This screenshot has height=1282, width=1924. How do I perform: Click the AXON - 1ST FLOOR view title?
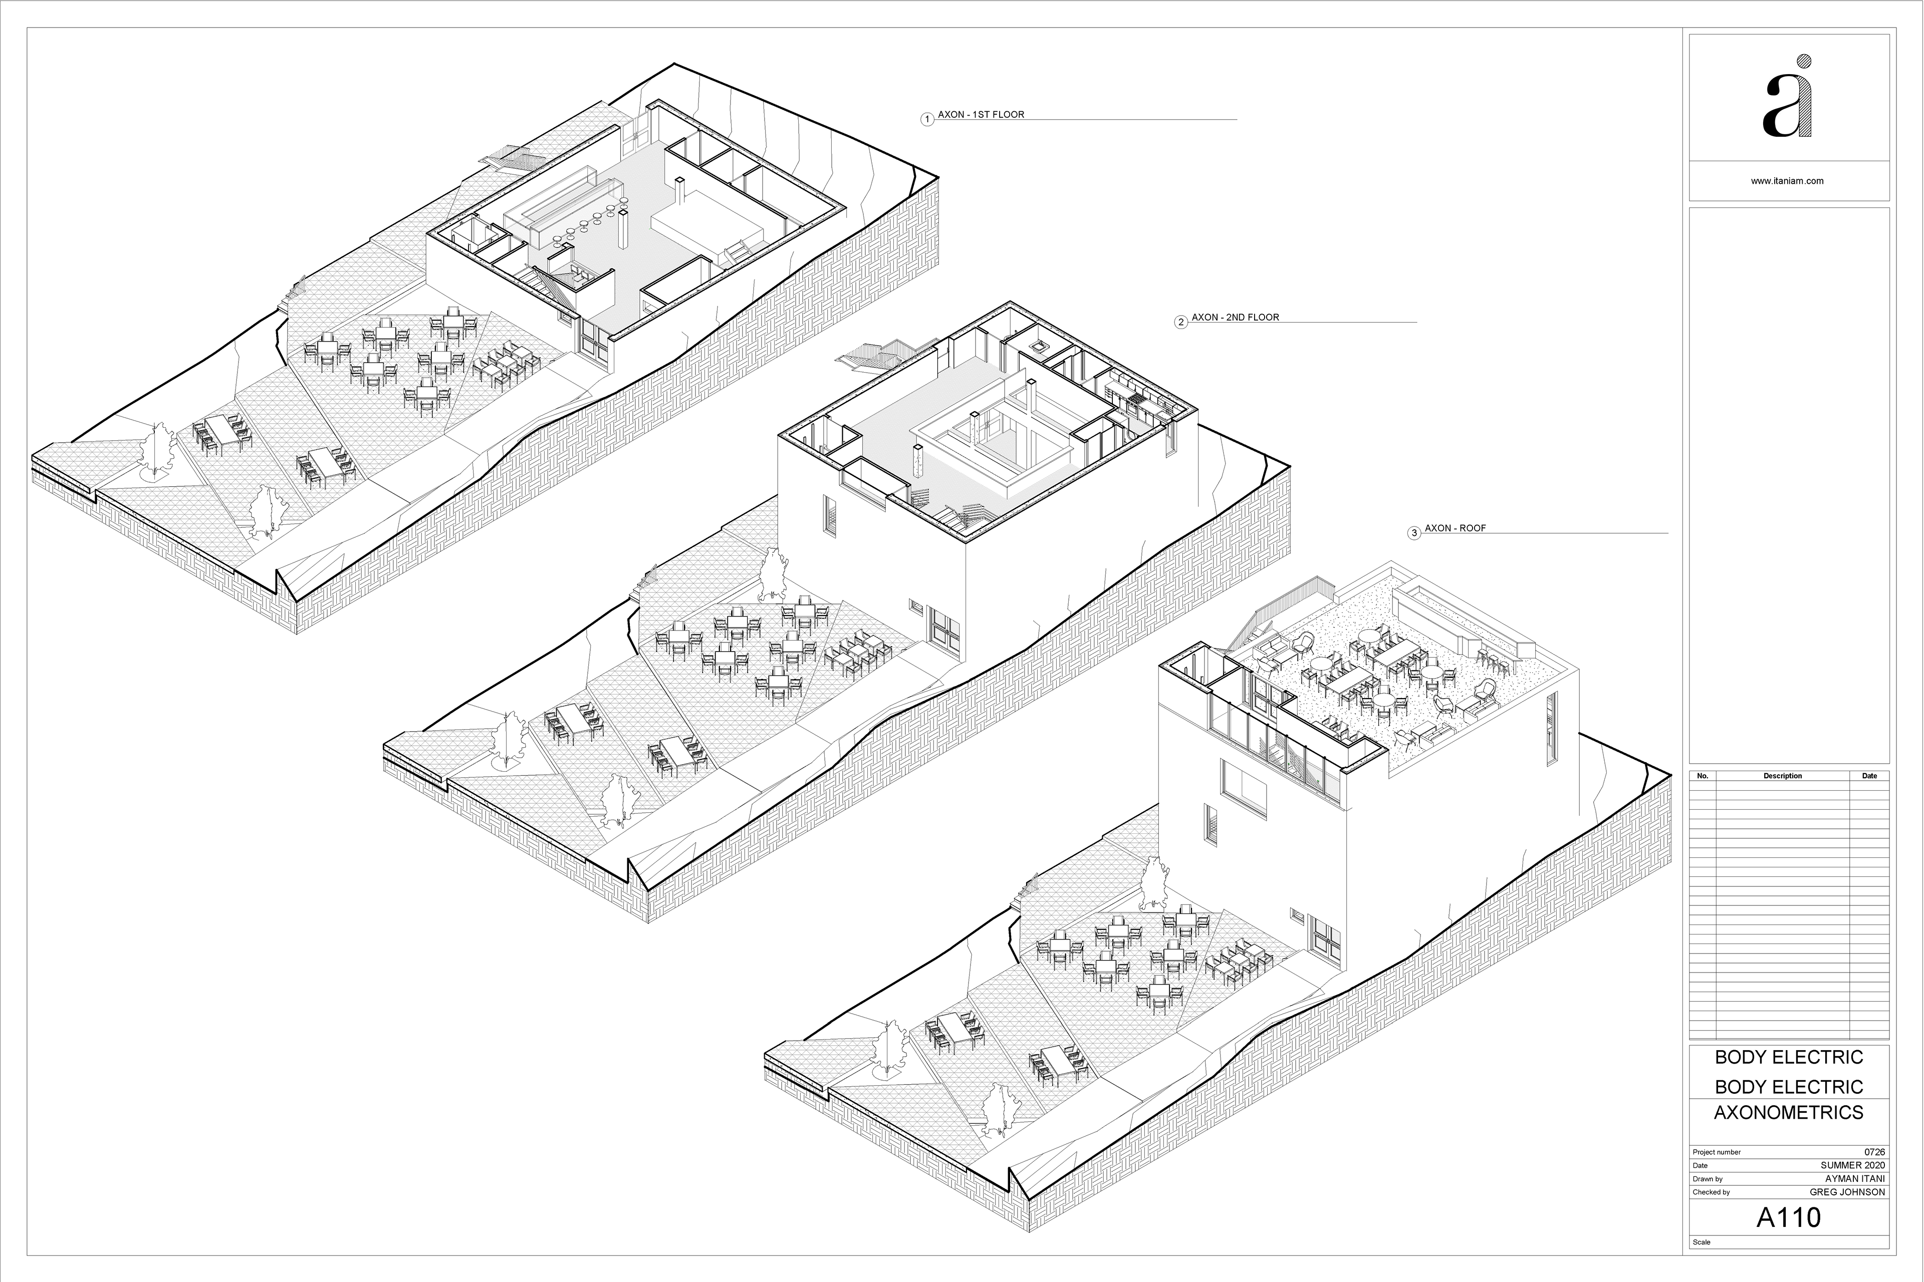coord(981,115)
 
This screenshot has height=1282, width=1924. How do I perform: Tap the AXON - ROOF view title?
coord(1455,528)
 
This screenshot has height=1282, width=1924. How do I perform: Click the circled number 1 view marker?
coord(927,119)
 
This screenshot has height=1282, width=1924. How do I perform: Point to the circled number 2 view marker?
coord(1180,322)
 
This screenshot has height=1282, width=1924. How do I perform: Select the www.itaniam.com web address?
coord(1787,181)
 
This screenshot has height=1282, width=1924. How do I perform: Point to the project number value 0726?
coord(1874,1152)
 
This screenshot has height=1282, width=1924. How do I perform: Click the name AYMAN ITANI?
coord(1854,1178)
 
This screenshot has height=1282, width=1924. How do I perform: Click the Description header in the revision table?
coord(1783,776)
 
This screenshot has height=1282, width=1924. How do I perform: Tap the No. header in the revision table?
coord(1703,776)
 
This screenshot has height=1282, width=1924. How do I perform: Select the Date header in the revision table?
coord(1869,776)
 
